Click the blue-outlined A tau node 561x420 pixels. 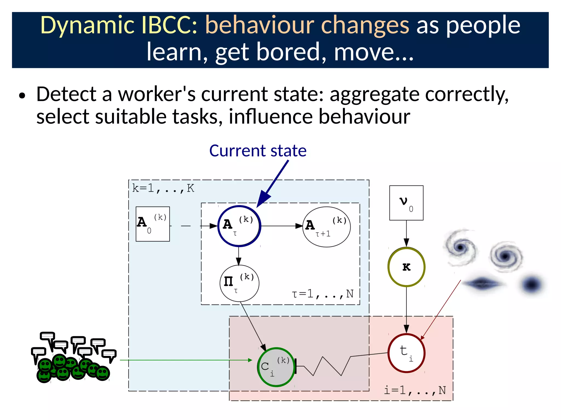[x=239, y=226]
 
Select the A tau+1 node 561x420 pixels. [x=326, y=227]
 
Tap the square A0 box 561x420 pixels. [x=153, y=224]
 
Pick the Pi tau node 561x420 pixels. [x=239, y=283]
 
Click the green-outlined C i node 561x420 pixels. [x=276, y=367]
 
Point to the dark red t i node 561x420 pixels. [x=406, y=353]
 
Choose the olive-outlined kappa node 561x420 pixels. [x=406, y=267]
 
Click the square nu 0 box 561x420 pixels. [x=406, y=203]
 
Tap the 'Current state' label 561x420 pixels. [x=258, y=151]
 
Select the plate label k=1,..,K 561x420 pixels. [x=163, y=188]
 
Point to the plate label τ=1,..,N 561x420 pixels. [x=323, y=294]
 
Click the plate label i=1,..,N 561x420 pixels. [x=415, y=390]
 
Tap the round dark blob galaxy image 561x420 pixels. [x=532, y=285]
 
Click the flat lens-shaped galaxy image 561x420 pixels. [x=483, y=283]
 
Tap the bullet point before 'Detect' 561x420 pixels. [x=22, y=96]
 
